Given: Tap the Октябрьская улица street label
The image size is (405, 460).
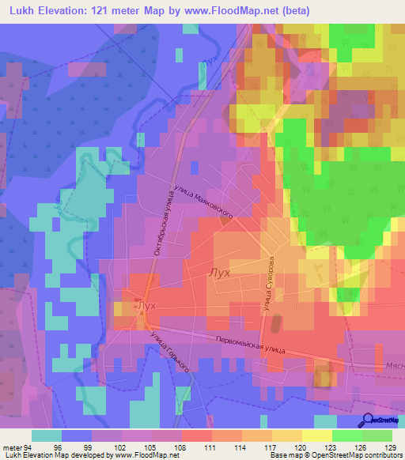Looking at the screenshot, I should pyautogui.click(x=161, y=222).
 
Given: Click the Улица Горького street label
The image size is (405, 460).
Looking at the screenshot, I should pyautogui.click(x=169, y=352).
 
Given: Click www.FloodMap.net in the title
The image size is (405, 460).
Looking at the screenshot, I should pyautogui.click(x=241, y=11).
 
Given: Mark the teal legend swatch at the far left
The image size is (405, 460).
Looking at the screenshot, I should pyautogui.click(x=47, y=435).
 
